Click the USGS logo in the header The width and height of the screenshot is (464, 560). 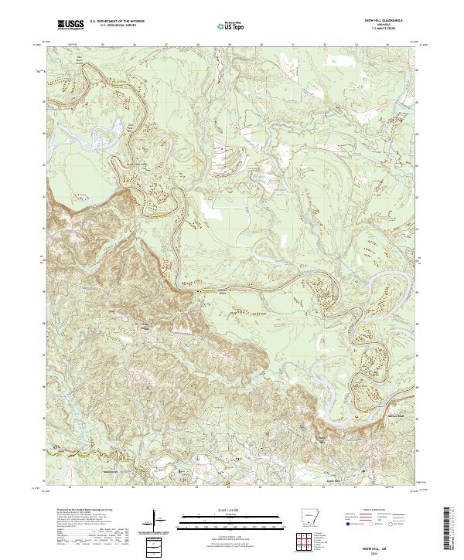pyautogui.click(x=70, y=25)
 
